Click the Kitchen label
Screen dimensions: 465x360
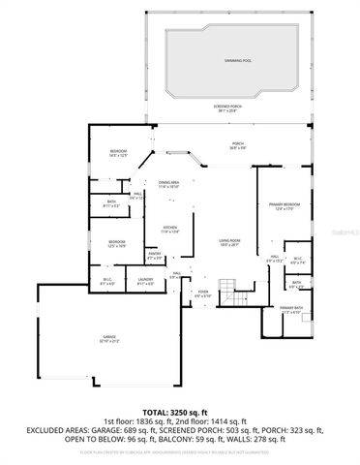[170, 230]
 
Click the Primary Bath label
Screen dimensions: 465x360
[291, 309]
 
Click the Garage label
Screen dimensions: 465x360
[109, 338]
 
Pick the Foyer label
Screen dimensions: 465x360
[203, 293]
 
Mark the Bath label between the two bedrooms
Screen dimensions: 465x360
[112, 202]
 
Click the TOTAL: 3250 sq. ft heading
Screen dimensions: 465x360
[179, 410]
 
